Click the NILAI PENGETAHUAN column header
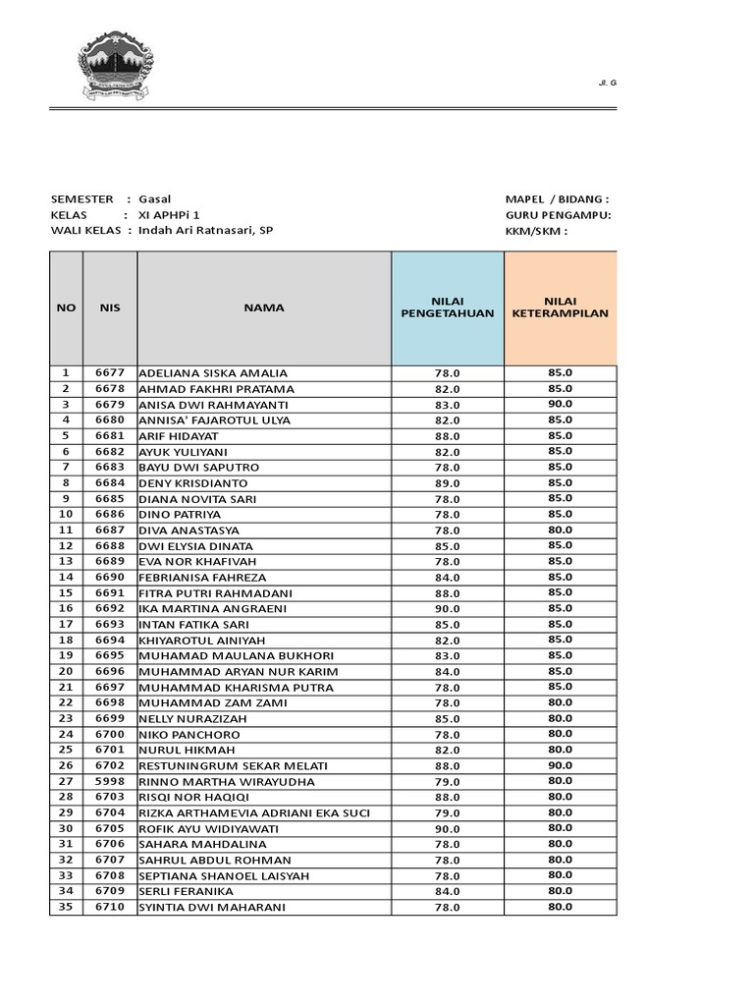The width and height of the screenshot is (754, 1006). [x=447, y=307]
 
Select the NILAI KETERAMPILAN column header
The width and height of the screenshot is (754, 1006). [x=561, y=307]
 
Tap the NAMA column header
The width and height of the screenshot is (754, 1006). [x=264, y=307]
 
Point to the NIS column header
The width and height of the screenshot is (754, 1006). [x=110, y=307]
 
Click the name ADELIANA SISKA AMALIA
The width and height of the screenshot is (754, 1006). [x=213, y=373]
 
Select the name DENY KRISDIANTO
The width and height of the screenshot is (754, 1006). [x=193, y=483]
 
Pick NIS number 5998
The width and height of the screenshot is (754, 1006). [x=110, y=782]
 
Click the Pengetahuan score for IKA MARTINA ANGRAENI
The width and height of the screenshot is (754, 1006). [x=447, y=609]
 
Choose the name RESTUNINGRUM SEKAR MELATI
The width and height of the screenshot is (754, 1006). [x=234, y=766]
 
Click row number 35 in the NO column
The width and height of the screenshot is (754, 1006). [x=66, y=907]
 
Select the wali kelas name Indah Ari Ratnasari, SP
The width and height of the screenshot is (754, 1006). [x=206, y=231]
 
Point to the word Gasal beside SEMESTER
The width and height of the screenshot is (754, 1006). [x=155, y=199]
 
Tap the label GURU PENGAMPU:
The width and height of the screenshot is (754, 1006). [x=558, y=215]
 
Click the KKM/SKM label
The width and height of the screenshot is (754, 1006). [x=536, y=231]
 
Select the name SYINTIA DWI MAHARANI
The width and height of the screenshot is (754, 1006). [x=212, y=908]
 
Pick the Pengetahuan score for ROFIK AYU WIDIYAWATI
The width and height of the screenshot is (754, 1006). [x=447, y=829]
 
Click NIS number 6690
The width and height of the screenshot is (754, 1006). [x=110, y=578]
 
